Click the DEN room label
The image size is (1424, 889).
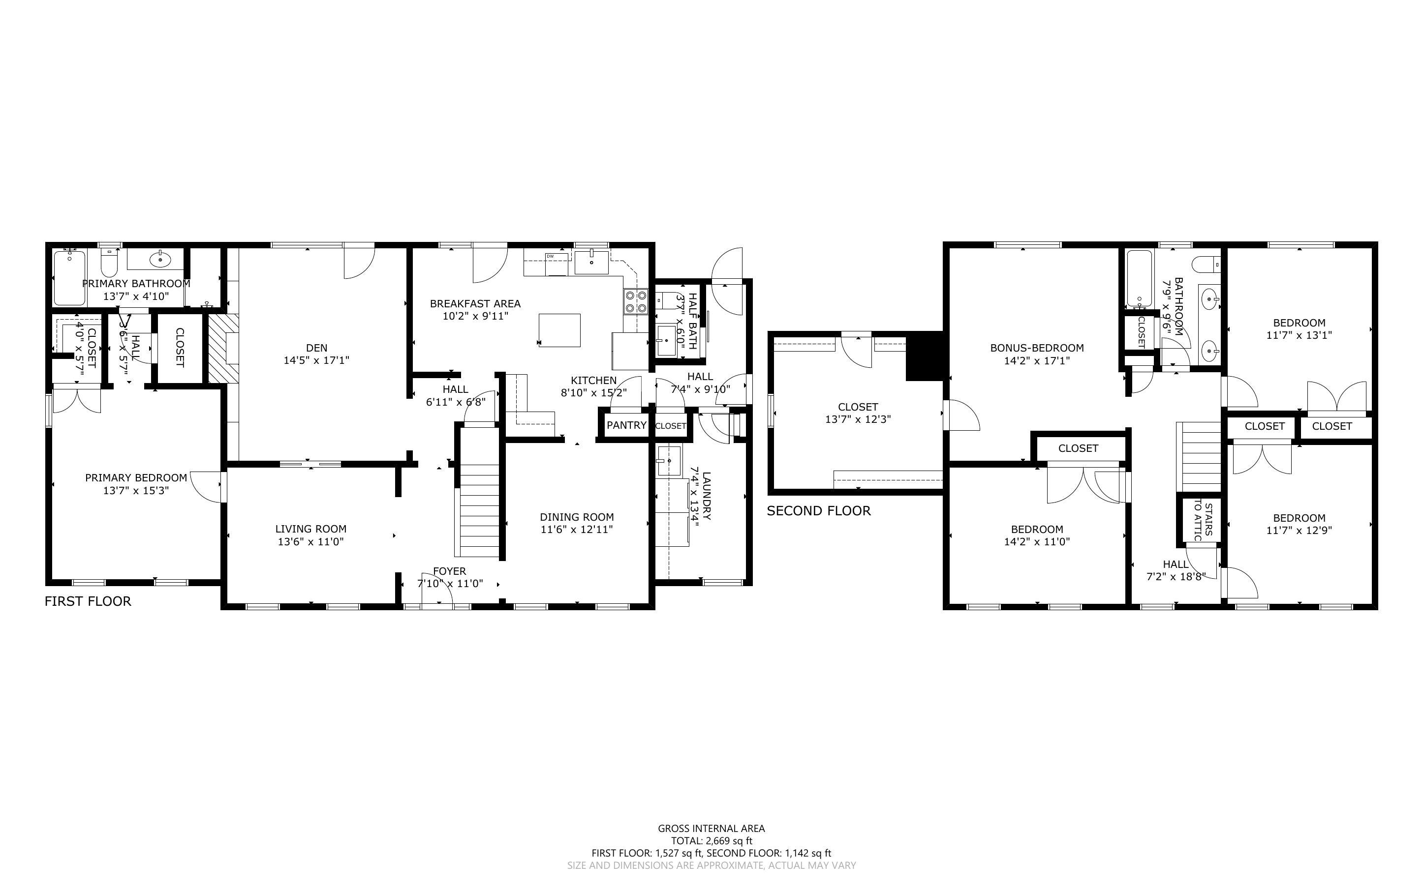(x=316, y=348)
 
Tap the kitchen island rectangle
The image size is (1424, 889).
(x=559, y=330)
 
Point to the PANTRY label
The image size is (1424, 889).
(x=626, y=425)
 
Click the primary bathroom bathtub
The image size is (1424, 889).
(x=69, y=277)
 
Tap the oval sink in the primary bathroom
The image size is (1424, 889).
(x=159, y=259)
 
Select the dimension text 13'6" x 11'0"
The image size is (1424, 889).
(x=310, y=541)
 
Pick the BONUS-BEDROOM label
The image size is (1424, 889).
(x=1036, y=348)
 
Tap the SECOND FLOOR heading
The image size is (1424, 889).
(x=818, y=511)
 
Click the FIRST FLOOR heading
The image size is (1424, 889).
(x=88, y=601)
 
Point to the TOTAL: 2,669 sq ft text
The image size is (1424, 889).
(x=711, y=841)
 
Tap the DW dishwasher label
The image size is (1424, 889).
(x=550, y=256)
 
